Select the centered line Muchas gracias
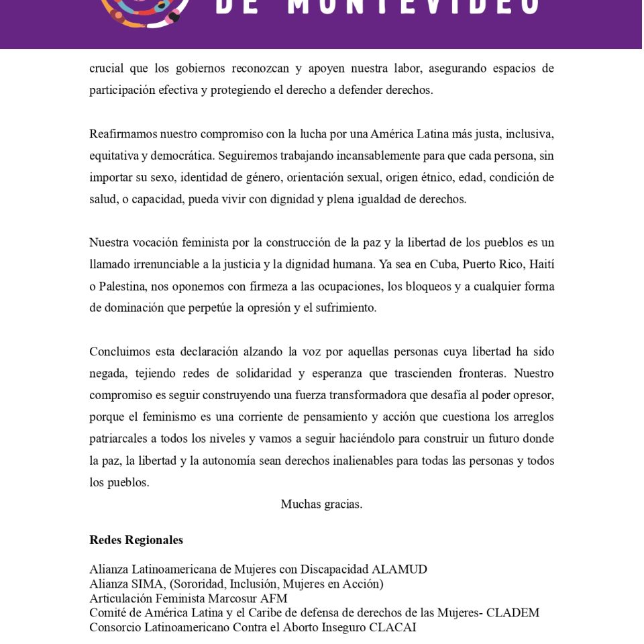point(321,504)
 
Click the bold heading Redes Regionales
point(136,540)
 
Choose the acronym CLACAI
point(392,627)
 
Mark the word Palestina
point(122,286)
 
